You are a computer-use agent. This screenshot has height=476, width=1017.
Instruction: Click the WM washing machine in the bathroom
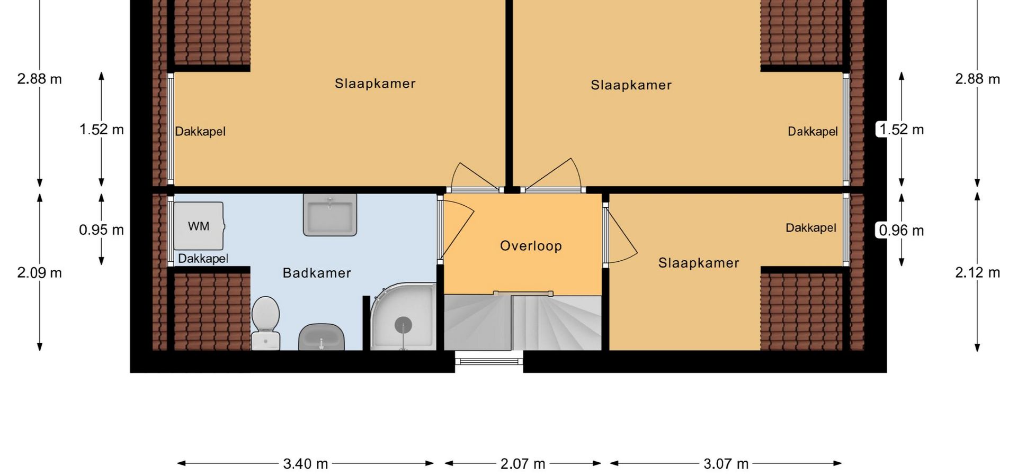coord(199,226)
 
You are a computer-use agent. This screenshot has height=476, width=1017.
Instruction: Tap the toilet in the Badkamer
coord(265,323)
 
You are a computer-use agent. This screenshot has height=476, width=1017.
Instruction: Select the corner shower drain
coord(403,325)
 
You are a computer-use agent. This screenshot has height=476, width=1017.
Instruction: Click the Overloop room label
coord(531,246)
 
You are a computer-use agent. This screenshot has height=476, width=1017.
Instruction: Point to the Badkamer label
coord(317,273)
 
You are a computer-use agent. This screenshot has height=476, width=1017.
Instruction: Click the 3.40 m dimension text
coord(306,464)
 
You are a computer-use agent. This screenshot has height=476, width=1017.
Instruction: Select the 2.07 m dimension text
coord(523,464)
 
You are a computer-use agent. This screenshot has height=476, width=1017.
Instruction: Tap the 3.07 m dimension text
coord(726,464)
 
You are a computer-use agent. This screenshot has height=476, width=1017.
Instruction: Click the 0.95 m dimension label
coord(101,230)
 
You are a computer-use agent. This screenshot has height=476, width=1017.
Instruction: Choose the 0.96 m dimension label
coord(901,230)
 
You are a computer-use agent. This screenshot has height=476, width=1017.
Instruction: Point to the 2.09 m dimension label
coord(39,272)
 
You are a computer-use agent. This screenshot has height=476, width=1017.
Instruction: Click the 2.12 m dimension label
coord(977,272)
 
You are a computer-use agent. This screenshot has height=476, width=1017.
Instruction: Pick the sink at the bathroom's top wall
coord(329,214)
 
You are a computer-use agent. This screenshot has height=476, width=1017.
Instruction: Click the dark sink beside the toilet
coord(322,337)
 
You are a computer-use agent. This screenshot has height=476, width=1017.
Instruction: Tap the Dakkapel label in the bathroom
coord(203,259)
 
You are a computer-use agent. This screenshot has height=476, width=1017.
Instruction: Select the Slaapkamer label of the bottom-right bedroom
coord(699,263)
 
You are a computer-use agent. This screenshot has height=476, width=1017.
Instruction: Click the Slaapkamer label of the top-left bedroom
coord(375,84)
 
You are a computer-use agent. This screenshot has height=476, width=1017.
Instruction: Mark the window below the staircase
coord(489,361)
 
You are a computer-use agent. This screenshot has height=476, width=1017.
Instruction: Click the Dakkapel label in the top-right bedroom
coord(813,132)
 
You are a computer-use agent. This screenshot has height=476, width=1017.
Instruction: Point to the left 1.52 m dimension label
coord(101,129)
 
